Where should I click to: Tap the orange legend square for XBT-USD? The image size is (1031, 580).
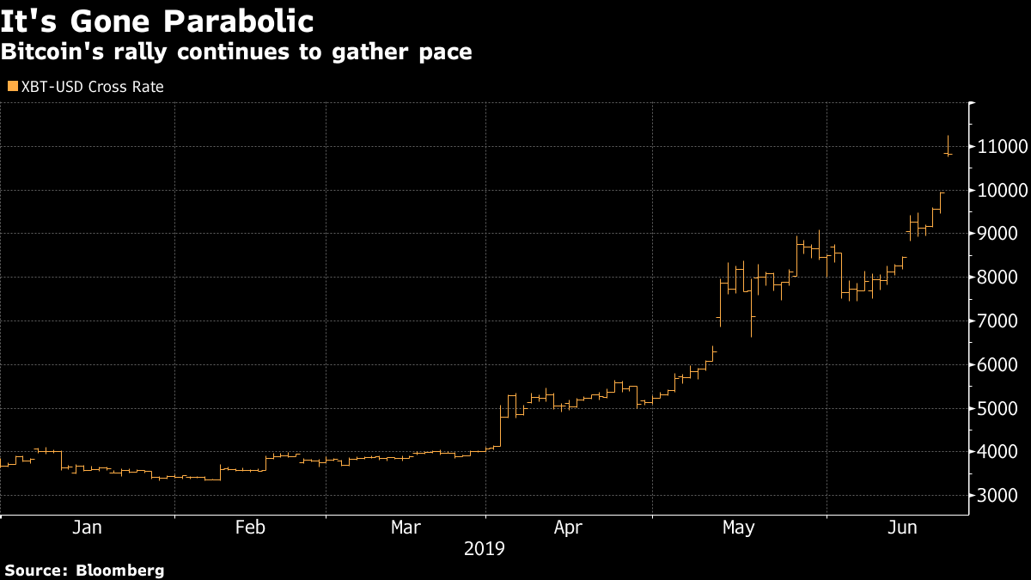[12, 86]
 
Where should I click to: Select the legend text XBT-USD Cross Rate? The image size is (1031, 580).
[92, 87]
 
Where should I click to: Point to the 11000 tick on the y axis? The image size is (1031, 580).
[1003, 147]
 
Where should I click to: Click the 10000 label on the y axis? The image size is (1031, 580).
[1003, 190]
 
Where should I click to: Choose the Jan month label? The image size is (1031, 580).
[88, 528]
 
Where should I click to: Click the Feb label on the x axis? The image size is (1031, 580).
[250, 528]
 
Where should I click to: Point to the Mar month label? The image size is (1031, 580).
[406, 528]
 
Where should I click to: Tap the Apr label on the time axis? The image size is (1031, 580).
[569, 528]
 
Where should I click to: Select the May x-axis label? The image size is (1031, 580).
[739, 528]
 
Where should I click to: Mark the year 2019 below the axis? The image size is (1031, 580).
[485, 548]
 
